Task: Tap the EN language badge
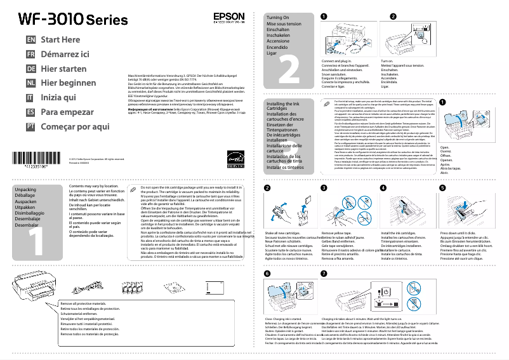tap(29, 39)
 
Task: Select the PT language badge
tap(29, 126)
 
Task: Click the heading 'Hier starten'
tap(63, 69)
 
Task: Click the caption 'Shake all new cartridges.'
tap(282, 234)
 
